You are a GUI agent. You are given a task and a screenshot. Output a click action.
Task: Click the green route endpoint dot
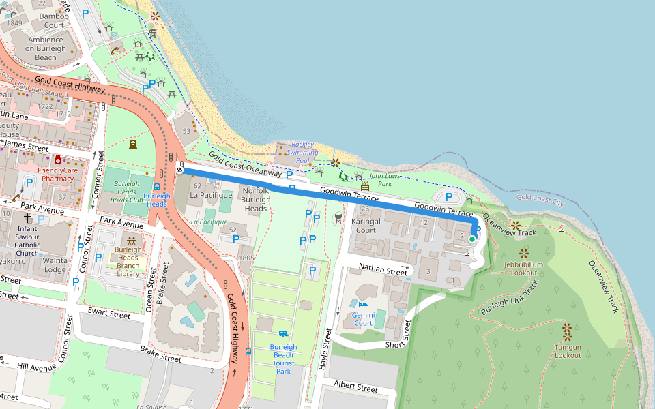(x=471, y=239)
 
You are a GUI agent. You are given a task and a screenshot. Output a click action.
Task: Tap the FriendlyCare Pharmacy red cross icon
(x=58, y=160)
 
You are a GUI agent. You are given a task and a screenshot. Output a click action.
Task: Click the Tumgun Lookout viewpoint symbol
(x=567, y=332)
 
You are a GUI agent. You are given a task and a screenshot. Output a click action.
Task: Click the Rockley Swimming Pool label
(x=303, y=152)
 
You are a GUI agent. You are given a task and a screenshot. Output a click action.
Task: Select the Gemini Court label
(x=362, y=318)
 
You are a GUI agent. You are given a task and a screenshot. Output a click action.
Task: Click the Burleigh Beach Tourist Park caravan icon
(x=282, y=334)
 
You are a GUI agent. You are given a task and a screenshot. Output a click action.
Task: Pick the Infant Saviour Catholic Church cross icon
(x=27, y=217)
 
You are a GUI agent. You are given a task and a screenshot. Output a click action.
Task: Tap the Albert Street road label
(x=355, y=388)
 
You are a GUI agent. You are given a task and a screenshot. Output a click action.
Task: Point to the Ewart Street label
(x=109, y=314)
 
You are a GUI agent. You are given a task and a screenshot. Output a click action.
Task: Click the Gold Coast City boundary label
(x=540, y=200)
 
